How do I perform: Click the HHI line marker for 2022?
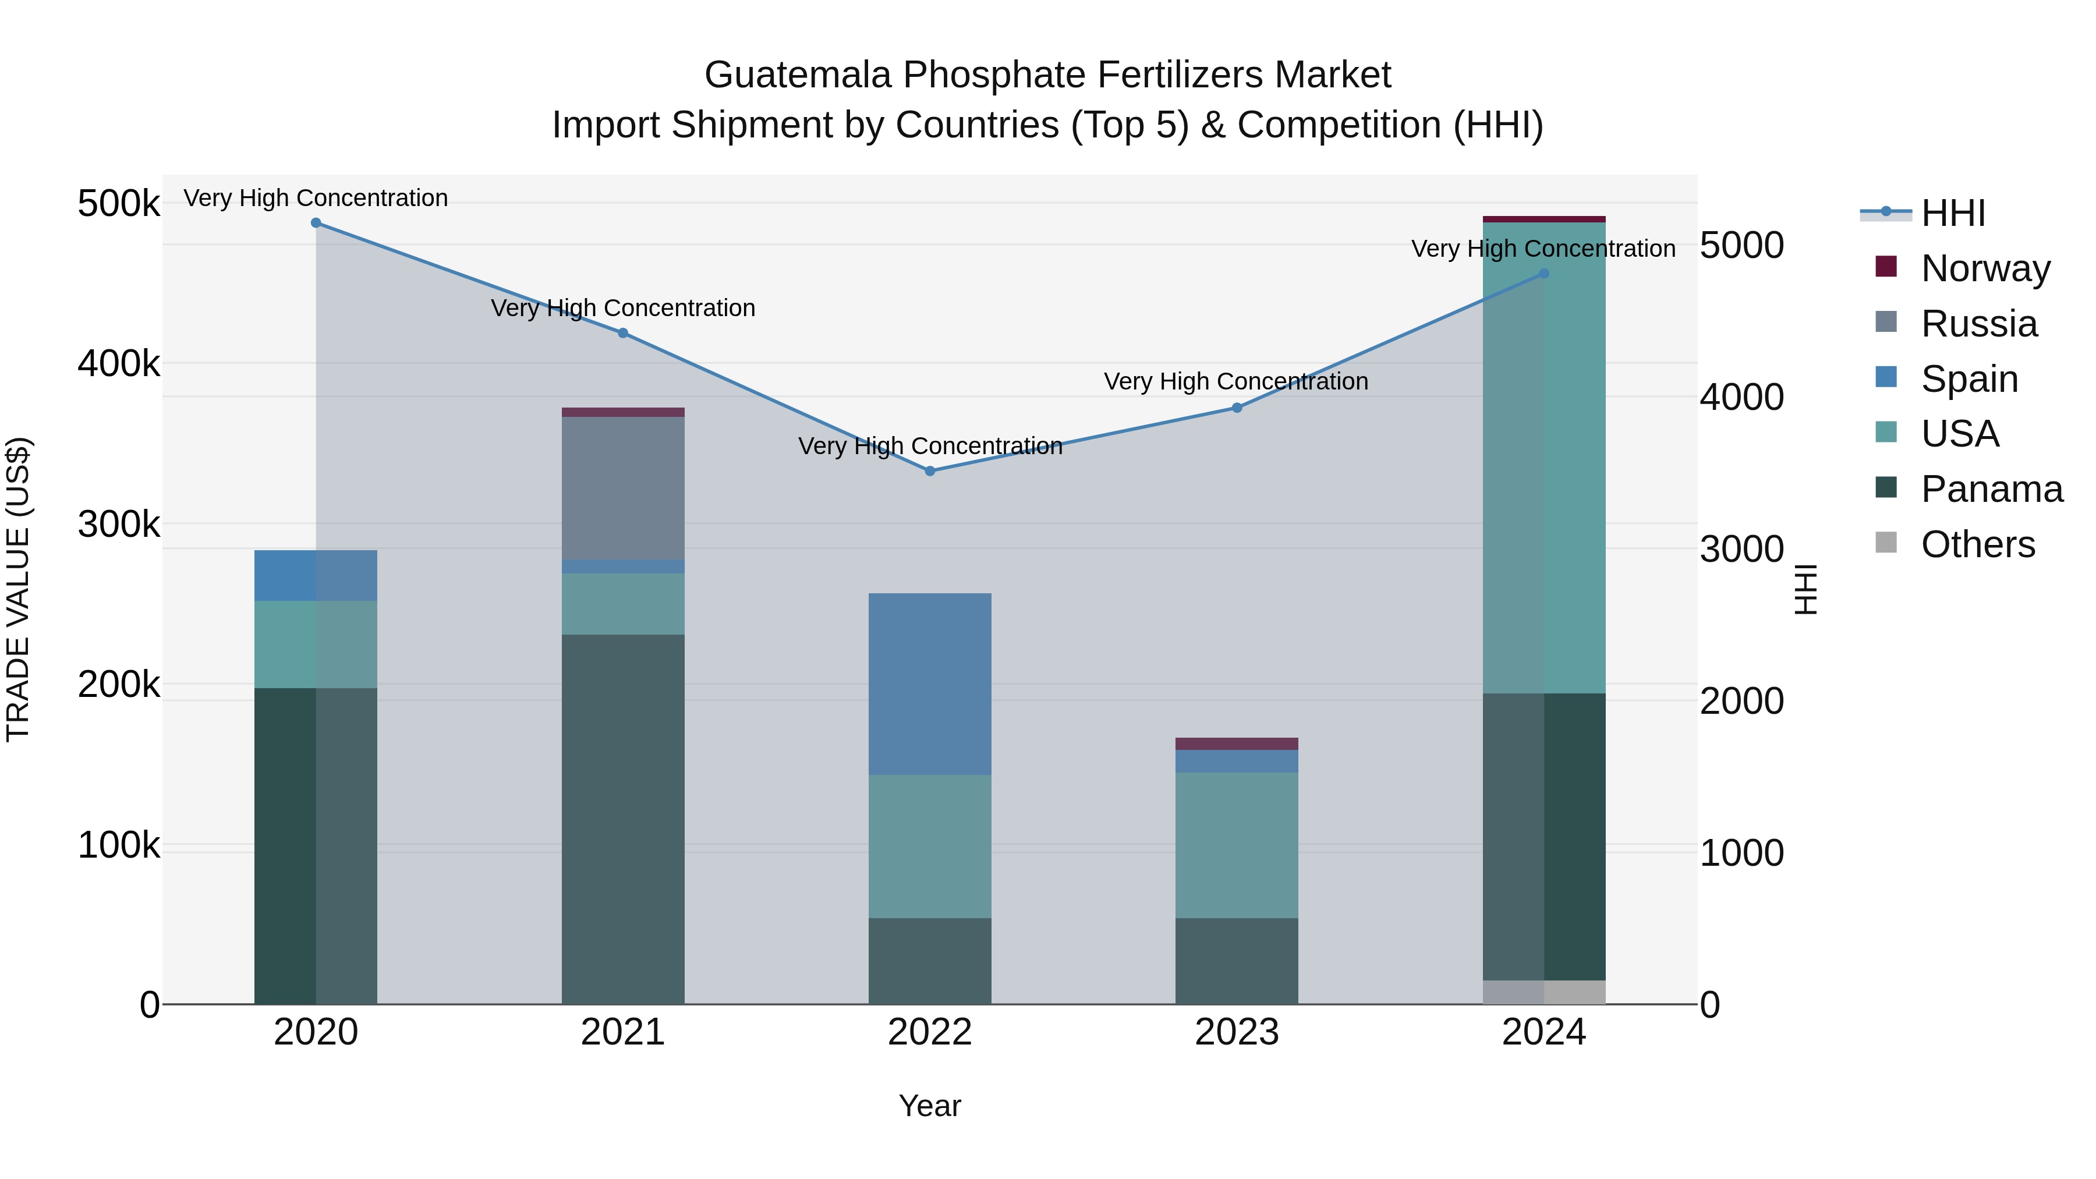pos(930,471)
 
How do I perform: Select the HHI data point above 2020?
pos(316,223)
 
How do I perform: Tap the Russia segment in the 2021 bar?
pos(622,488)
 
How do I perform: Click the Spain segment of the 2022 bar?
pos(930,684)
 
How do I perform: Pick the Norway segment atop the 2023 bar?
pos(1237,743)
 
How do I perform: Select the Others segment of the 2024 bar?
pos(1543,992)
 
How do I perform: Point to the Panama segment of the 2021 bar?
pos(622,818)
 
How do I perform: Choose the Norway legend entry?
pos(1985,268)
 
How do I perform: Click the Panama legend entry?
pos(1991,489)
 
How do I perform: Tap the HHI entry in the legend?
pos(1953,213)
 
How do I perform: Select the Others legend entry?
pos(1977,544)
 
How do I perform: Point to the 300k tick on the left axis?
pos(119,525)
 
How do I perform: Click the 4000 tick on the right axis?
pos(1742,397)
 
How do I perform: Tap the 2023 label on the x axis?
pos(1237,1032)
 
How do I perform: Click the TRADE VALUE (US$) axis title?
pos(18,589)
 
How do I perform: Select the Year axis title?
pos(929,1106)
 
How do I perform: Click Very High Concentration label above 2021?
pos(622,309)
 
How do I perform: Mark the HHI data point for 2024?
pos(1543,274)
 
